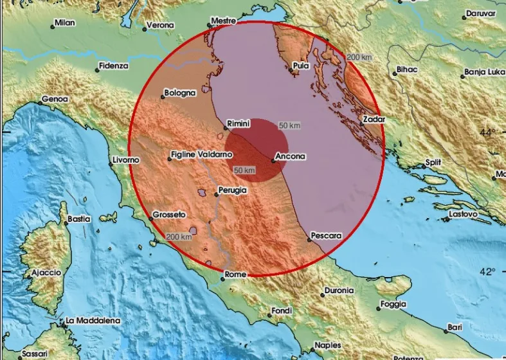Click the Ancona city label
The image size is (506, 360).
click(x=290, y=156)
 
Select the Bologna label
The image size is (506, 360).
click(x=179, y=93)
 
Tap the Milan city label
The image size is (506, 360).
click(x=64, y=23)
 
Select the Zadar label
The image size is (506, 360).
click(x=374, y=120)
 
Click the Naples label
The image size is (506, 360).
click(x=327, y=345)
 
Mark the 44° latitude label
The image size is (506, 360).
click(x=487, y=132)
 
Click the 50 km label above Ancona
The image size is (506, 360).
click(x=291, y=125)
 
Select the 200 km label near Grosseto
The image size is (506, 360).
click(x=179, y=237)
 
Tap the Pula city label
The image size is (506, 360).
click(x=301, y=66)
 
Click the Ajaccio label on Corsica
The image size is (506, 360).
click(x=46, y=273)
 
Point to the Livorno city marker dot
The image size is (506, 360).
click(x=111, y=163)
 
